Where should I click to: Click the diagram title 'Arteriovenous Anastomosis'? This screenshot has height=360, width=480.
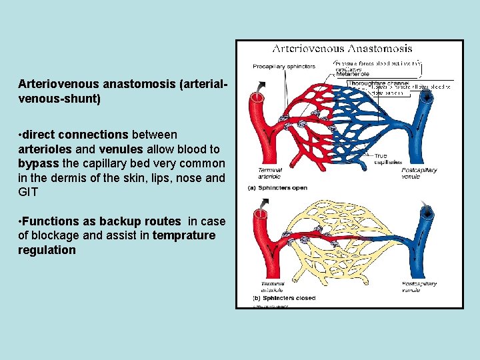click(x=341, y=49)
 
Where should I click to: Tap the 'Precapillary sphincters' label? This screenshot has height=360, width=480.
click(x=275, y=66)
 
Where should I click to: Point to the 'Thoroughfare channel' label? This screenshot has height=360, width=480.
click(x=380, y=84)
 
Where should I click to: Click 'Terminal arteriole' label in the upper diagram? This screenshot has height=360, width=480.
click(x=269, y=173)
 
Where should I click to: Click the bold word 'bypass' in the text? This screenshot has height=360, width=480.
click(x=39, y=163)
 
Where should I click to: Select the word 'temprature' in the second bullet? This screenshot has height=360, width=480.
click(x=184, y=235)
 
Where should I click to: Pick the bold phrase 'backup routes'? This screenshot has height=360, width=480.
click(x=148, y=221)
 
